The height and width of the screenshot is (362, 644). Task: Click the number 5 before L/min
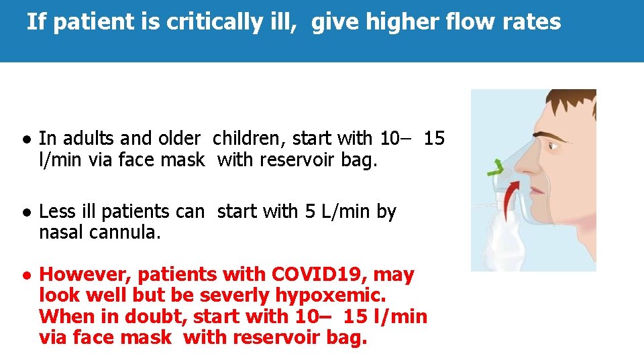[310, 212]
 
